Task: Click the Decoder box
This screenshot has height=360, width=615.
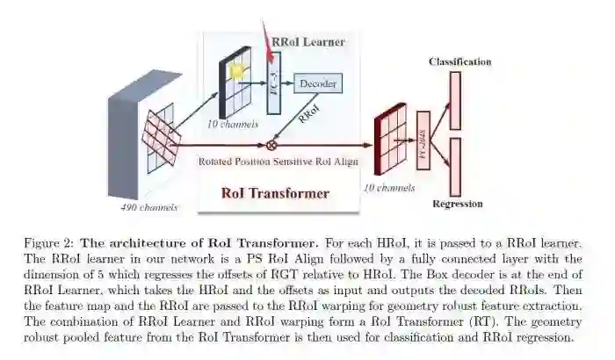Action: pos(317,83)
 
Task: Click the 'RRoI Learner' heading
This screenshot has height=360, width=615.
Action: pos(307,41)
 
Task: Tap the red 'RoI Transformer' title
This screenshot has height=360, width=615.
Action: pos(275,193)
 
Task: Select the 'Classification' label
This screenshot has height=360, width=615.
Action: pos(459,61)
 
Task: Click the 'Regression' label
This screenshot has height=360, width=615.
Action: pos(458,204)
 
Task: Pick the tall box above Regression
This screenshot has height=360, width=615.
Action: pos(455,167)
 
